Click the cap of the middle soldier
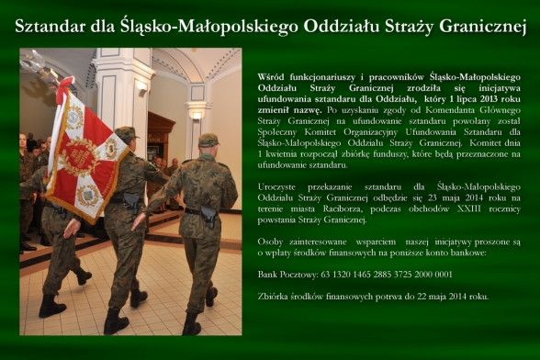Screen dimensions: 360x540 pyautogui.click(x=125, y=133)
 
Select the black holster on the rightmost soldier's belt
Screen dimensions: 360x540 pyautogui.click(x=208, y=218)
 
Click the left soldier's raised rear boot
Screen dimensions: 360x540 pyautogui.click(x=83, y=276)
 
